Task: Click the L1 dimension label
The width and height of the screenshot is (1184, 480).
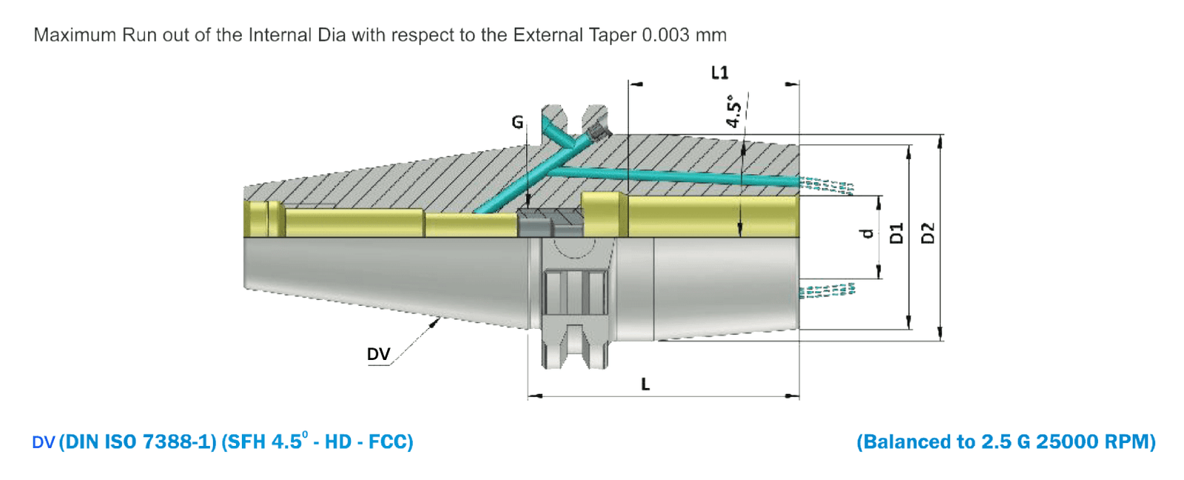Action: (719, 73)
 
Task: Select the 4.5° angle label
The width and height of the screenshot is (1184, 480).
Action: (733, 111)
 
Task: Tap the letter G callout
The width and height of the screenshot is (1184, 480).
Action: (517, 122)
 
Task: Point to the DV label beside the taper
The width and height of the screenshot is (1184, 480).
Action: (378, 354)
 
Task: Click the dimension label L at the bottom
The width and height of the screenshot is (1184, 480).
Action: (645, 384)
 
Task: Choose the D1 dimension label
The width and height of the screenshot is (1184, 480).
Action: (897, 233)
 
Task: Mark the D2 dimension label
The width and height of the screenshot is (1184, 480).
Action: (927, 233)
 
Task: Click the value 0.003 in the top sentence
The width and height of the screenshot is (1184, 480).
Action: (665, 35)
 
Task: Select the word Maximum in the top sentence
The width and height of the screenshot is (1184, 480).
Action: (75, 35)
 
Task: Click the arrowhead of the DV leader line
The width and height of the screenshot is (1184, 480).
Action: (437, 321)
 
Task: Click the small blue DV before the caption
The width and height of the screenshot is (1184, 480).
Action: (43, 443)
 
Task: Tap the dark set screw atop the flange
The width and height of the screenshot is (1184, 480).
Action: (598, 133)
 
